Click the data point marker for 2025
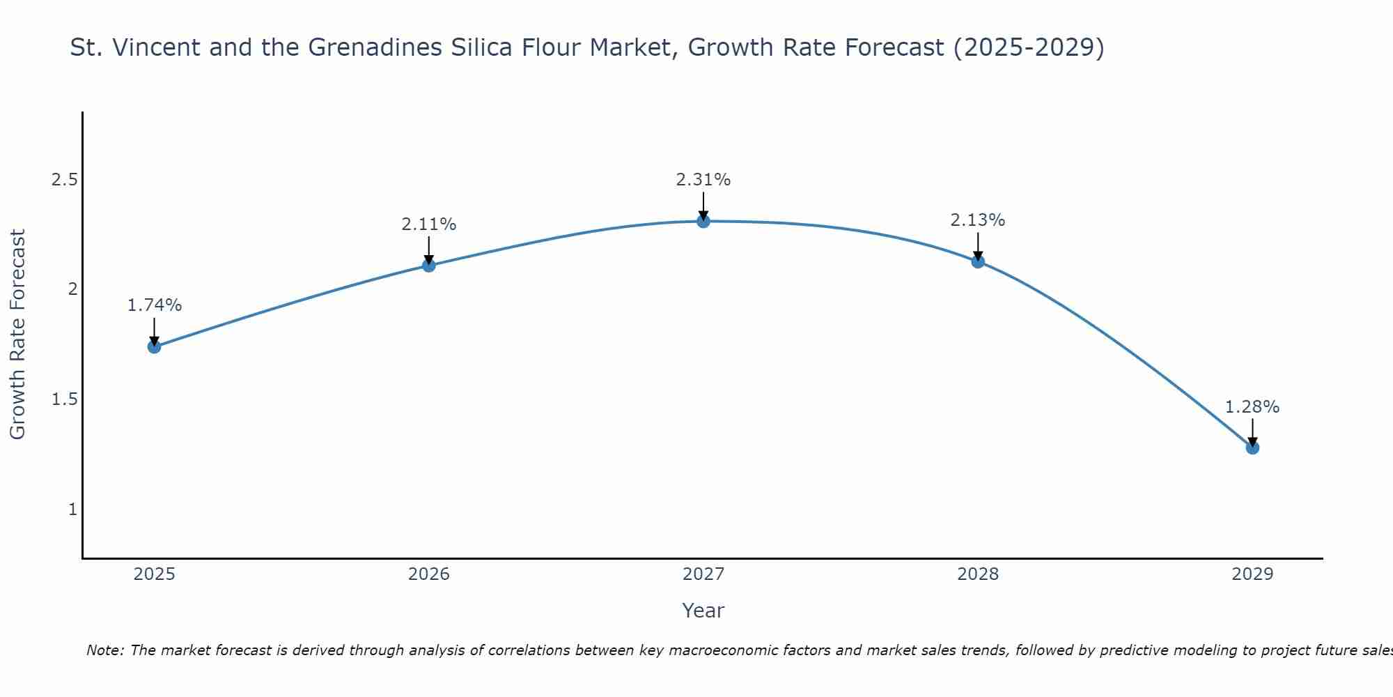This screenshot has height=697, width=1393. pos(155,346)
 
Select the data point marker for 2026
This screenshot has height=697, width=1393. pos(429,265)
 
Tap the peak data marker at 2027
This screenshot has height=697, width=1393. pos(703,221)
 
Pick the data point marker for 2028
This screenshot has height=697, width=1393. pos(978,261)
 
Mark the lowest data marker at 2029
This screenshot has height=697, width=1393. pos(1252,447)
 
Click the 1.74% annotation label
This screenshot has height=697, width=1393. pos(155,305)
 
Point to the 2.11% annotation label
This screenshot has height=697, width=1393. pos(429,224)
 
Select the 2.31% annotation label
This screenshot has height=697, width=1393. pos(703,180)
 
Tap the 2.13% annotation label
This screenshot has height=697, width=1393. pos(978,220)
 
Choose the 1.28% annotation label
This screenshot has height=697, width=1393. pos(1252,407)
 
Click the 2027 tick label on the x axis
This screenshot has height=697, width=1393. pos(703,574)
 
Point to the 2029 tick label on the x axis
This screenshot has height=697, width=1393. pos(1252,574)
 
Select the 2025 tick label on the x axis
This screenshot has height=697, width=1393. pos(155,574)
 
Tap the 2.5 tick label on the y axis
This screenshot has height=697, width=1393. pos(64,180)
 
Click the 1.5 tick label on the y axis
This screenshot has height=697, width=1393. pos(64,399)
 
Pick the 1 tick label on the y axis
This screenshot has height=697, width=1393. pos(72,510)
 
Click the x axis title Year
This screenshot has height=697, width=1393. pos(703,611)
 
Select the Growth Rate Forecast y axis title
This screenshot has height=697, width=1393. pos(18,335)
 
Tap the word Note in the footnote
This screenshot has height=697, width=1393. pos(104,650)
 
